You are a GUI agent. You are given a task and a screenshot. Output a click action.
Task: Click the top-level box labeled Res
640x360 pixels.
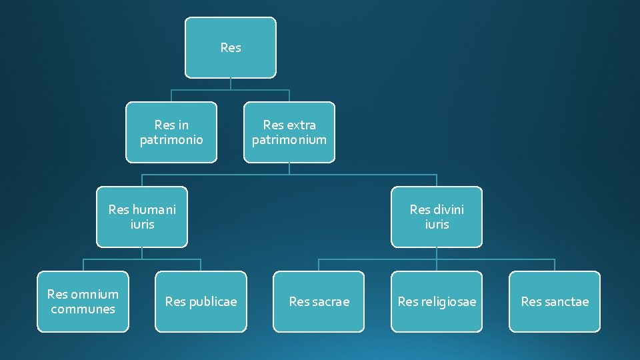tap(230, 47)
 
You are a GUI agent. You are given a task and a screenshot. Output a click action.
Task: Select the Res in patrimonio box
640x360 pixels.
tap(171, 132)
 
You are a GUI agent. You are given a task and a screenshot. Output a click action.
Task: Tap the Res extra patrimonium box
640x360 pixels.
tap(289, 132)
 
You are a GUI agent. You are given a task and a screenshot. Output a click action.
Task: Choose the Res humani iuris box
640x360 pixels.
tap(142, 217)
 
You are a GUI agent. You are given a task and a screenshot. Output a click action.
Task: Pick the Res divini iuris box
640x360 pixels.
tap(437, 217)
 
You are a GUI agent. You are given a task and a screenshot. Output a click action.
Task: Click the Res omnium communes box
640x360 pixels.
tap(83, 301)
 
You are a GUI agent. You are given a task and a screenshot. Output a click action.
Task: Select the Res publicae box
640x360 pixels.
tap(201, 301)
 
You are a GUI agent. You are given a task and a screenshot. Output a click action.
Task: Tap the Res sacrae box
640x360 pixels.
tap(319, 301)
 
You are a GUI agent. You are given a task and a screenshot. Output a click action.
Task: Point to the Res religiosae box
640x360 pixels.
tap(437, 301)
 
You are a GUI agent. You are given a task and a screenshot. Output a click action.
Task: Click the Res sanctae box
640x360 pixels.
tap(555, 301)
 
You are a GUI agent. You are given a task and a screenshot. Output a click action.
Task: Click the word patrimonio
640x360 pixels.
tap(171, 140)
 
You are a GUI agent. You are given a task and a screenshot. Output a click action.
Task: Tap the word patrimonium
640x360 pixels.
tap(289, 140)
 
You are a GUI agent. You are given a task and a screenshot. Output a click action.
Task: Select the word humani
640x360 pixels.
tap(154, 209)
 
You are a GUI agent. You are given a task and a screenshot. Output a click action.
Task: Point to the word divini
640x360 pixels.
tap(449, 209)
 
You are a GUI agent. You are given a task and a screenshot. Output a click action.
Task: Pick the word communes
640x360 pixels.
tap(83, 309)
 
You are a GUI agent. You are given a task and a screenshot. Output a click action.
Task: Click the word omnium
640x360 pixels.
tap(95, 294)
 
